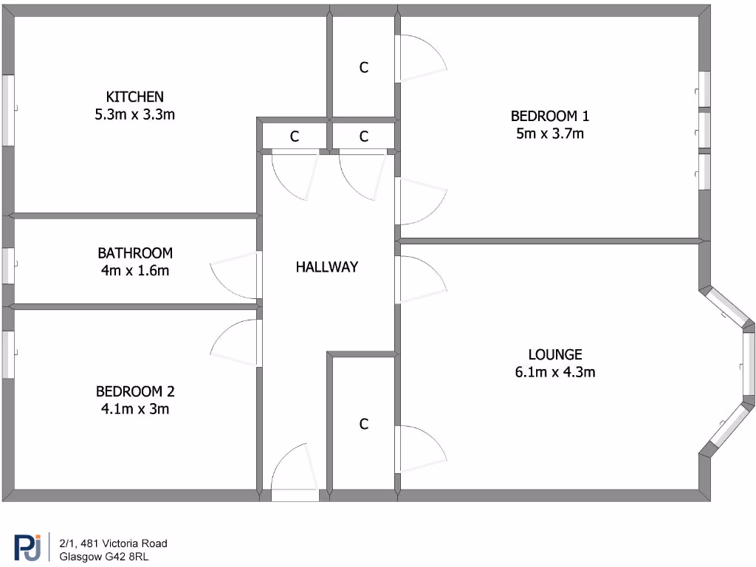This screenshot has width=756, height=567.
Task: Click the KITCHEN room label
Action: (134, 97)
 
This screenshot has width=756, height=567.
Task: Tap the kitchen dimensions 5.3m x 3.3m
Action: (134, 114)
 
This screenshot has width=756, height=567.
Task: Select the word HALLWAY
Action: (326, 267)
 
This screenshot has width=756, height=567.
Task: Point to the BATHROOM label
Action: (135, 252)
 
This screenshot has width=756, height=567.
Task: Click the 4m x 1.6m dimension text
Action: (135, 270)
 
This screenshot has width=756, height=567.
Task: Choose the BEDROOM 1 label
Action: (550, 116)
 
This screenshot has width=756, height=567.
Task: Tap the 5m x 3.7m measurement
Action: (550, 134)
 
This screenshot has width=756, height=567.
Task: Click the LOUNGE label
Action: (555, 354)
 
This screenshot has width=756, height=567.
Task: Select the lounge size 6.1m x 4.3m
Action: (555, 372)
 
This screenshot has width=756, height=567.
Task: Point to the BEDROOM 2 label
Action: (135, 391)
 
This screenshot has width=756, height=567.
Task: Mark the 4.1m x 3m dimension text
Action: (135, 409)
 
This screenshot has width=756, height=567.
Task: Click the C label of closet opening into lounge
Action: (363, 425)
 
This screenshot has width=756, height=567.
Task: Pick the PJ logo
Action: (27, 548)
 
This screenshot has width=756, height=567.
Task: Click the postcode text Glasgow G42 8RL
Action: (104, 557)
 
